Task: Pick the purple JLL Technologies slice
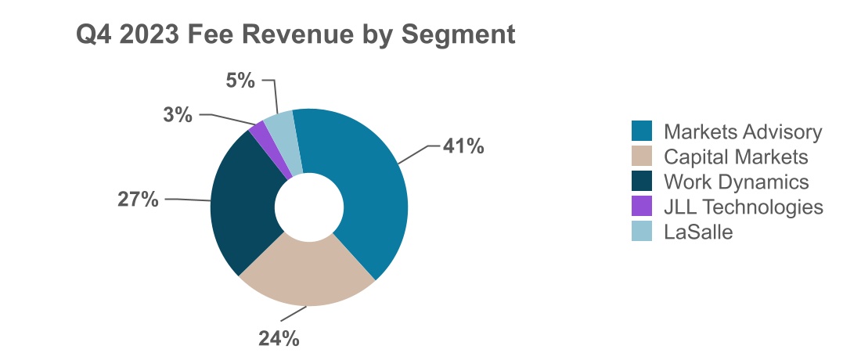coord(265,141)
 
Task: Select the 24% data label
coord(279,338)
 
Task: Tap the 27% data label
coord(139,199)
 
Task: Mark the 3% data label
coord(178,115)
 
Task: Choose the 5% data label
coord(240,80)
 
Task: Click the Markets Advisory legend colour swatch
coord(642,131)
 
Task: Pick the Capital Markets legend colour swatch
coord(642,156)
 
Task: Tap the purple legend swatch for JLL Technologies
coord(642,206)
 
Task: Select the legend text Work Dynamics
coord(736,182)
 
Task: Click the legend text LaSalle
coord(698,232)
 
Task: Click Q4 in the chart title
coord(94,35)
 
